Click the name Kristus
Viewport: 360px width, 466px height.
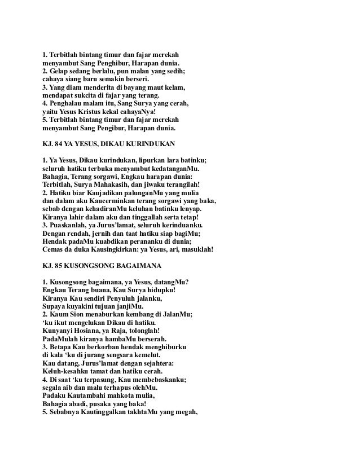pyautogui.click(x=90, y=112)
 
